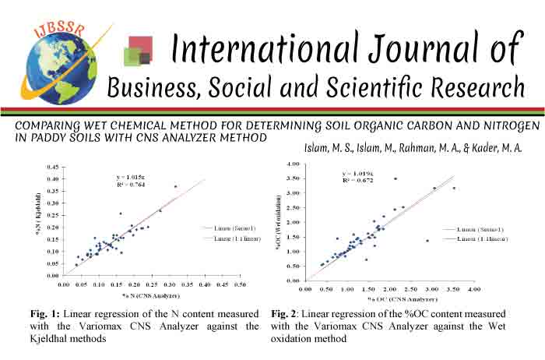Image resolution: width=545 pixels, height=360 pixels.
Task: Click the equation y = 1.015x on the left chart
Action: [130, 178]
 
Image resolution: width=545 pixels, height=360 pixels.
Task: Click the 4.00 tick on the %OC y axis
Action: [294, 164]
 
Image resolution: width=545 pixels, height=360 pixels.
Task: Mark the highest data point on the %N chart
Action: [175, 186]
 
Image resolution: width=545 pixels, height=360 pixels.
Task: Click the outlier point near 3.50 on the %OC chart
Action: [454, 188]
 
